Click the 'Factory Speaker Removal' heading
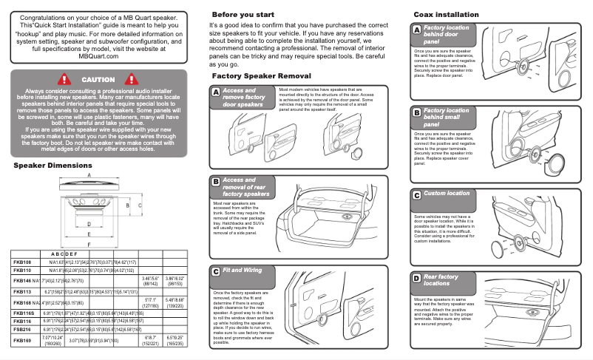(261, 76)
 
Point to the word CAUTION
(98, 79)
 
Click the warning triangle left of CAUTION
(64, 79)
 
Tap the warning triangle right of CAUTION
(133, 79)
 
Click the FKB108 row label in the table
(22, 262)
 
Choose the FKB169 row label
(22, 341)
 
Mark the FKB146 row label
(22, 282)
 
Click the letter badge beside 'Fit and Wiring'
(215, 271)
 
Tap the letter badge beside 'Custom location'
(416, 194)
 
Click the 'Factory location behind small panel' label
(445, 118)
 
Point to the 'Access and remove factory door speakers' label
(243, 98)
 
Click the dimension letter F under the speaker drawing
(89, 242)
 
